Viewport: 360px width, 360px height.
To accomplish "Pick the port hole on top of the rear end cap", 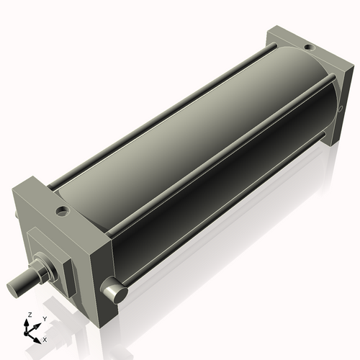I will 308,48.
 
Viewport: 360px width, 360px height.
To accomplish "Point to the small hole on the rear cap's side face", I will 340,109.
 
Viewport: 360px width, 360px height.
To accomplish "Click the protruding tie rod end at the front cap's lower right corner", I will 115,292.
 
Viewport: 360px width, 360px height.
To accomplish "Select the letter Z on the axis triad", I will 30,315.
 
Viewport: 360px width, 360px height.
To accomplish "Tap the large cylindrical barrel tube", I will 187,151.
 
